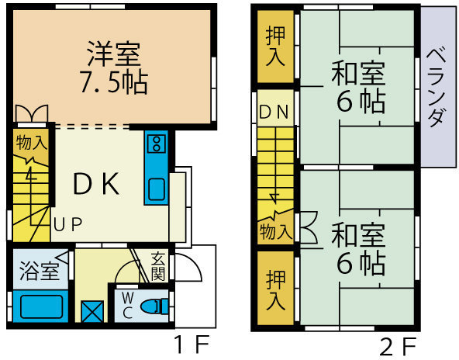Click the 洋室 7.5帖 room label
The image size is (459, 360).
tap(114, 68)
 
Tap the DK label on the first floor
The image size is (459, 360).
tap(96, 184)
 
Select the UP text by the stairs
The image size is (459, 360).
tap(68, 224)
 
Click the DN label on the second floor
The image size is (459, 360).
tap(274, 112)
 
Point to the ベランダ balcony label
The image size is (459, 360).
tap(437, 88)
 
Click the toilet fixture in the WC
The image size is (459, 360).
tap(154, 306)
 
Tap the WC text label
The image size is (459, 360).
tap(128, 306)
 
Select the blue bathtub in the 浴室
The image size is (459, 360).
tap(41, 306)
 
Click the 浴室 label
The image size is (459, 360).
tap(39, 272)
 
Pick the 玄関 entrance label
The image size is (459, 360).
tap(158, 266)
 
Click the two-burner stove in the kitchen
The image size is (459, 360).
tap(157, 144)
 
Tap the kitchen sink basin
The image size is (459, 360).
tap(157, 189)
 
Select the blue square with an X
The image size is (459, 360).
tap(92, 311)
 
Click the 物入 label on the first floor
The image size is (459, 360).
tap(32, 143)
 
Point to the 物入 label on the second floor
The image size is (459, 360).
tap(276, 232)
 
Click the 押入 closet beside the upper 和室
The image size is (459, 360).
tap(275, 47)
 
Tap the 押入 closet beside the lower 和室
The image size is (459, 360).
tap(275, 289)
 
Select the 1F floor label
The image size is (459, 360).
tap(192, 345)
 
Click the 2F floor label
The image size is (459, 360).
tap(399, 347)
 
